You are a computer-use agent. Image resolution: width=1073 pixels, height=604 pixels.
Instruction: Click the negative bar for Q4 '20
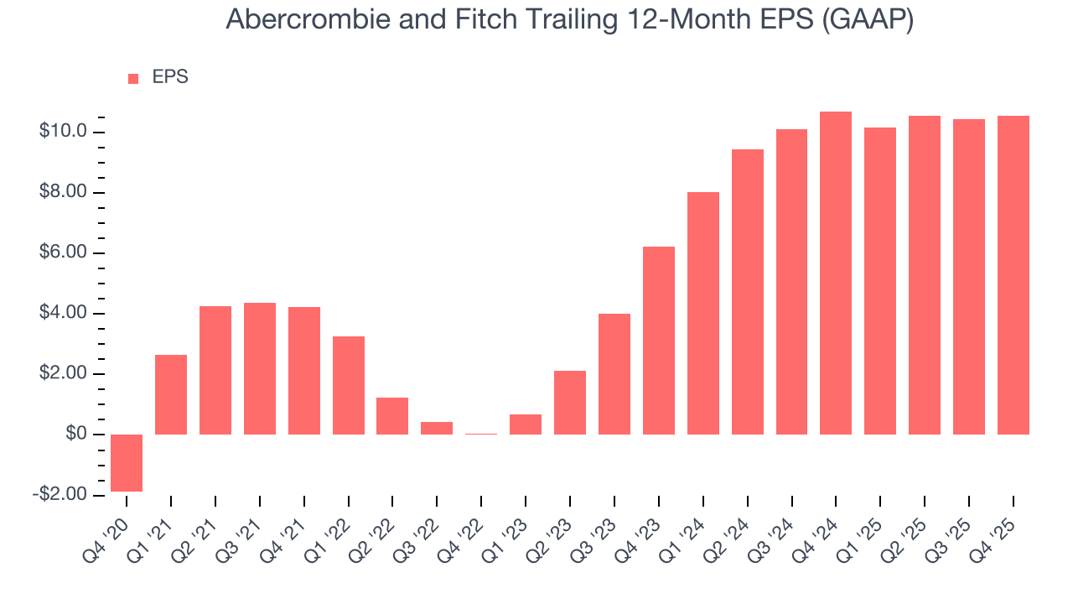pos(127,462)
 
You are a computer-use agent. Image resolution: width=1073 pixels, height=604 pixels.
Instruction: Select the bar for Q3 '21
pos(260,368)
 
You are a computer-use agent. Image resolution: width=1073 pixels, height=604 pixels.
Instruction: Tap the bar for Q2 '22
pos(392,415)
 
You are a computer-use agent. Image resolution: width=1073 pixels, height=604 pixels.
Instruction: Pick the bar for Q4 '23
pos(659,340)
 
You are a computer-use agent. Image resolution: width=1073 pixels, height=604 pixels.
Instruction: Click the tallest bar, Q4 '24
pos(836,273)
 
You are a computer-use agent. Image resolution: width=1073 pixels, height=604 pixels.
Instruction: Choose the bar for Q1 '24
pos(703,313)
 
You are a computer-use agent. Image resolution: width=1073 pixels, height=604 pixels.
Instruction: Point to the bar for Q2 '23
pos(570,402)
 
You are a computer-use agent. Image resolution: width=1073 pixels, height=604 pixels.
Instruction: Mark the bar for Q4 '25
pos(1013,274)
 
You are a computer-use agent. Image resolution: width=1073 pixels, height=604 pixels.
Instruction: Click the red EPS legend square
pos(133,79)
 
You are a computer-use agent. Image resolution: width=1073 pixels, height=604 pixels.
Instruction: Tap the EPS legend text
pos(170,77)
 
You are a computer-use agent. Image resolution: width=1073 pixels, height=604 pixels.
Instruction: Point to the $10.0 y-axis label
pos(64,132)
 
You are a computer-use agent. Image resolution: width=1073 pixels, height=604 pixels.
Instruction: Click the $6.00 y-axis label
pos(64,253)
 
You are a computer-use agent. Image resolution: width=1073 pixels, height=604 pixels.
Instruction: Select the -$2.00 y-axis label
pos(61,494)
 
